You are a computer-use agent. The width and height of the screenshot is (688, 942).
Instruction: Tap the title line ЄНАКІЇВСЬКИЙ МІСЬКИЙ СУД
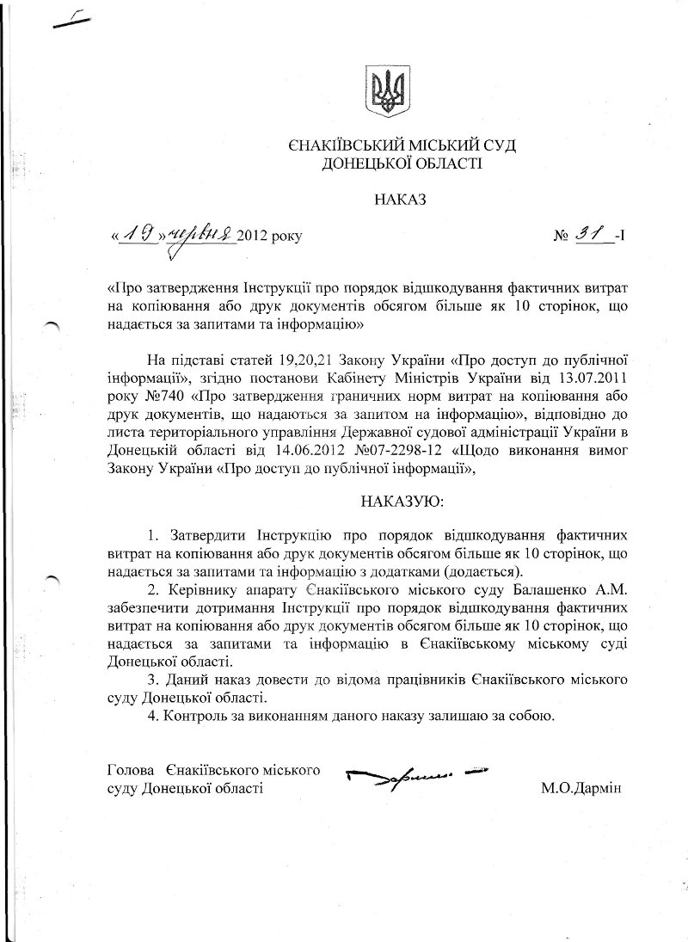point(402,146)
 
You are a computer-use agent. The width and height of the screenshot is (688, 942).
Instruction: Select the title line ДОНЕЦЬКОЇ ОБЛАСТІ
point(402,163)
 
